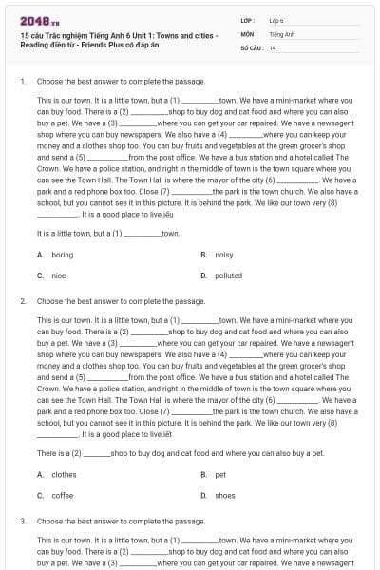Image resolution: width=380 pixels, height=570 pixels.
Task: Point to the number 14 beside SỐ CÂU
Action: pos(274,47)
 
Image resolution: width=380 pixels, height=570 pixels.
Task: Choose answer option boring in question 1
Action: pos(63,255)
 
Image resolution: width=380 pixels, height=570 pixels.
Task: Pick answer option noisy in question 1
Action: pos(224,255)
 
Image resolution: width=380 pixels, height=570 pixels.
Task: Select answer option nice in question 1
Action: pos(59,275)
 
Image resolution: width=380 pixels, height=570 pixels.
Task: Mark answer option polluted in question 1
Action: pos(229,275)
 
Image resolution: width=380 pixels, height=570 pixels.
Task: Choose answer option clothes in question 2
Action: pos(65,474)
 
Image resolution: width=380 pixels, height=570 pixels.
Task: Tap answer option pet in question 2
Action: pos(220,474)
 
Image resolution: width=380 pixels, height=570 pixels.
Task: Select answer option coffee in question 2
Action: pos(63,495)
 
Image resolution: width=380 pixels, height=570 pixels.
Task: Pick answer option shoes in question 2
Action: pos(225,495)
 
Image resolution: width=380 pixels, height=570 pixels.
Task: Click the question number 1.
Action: pos(22,82)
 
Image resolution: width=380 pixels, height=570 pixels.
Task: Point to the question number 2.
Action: pos(22,301)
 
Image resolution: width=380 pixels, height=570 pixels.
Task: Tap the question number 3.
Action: pos(22,521)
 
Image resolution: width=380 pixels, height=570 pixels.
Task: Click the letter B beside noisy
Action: pos(203,255)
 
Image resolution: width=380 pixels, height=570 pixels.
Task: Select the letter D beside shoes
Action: pos(203,495)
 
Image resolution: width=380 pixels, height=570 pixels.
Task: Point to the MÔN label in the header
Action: pos(249,33)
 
